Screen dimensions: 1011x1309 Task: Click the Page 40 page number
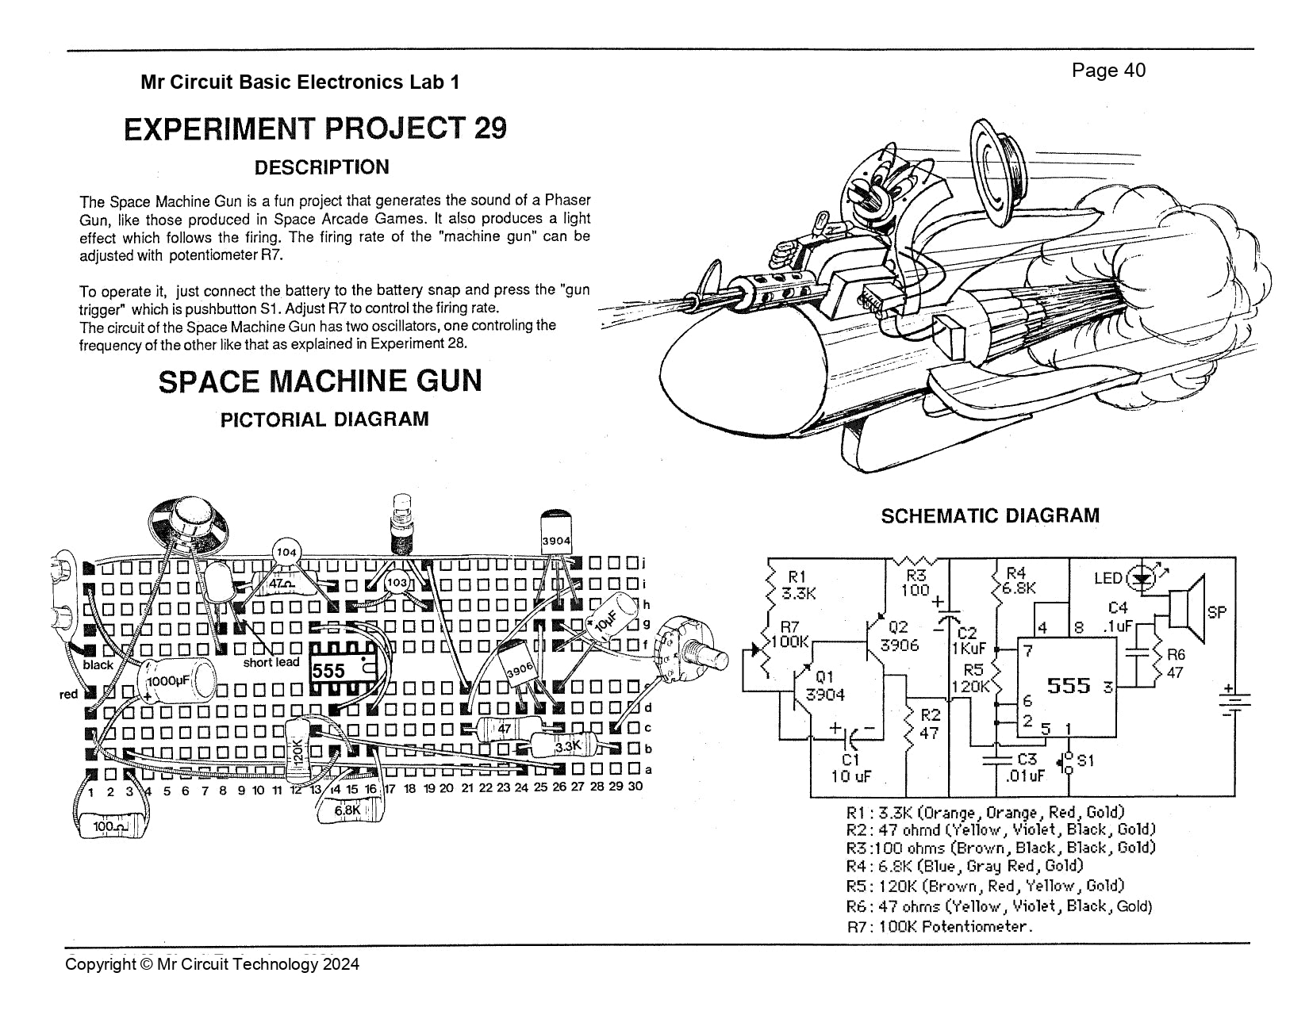[1108, 71]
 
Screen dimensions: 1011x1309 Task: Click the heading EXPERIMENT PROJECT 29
[315, 128]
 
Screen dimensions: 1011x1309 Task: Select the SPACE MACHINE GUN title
[320, 381]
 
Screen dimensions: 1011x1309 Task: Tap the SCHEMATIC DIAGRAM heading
[990, 516]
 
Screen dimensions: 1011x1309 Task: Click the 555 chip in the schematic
[1069, 686]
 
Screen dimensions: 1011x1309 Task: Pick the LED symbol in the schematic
[1142, 577]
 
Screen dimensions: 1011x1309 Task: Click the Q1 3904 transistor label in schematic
[824, 687]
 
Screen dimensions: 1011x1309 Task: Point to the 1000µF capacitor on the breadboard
[177, 680]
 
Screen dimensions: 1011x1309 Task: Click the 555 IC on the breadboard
[341, 670]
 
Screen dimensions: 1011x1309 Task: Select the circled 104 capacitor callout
[287, 553]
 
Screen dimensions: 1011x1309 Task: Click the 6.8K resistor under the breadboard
[348, 810]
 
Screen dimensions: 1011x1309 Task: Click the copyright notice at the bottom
[212, 964]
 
